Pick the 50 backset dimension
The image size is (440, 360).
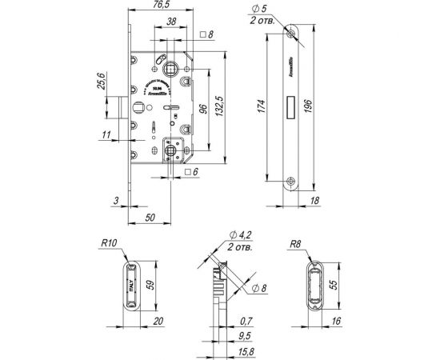(x=151, y=217)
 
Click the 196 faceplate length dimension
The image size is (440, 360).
(x=316, y=106)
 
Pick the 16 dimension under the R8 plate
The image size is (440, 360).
(x=336, y=322)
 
